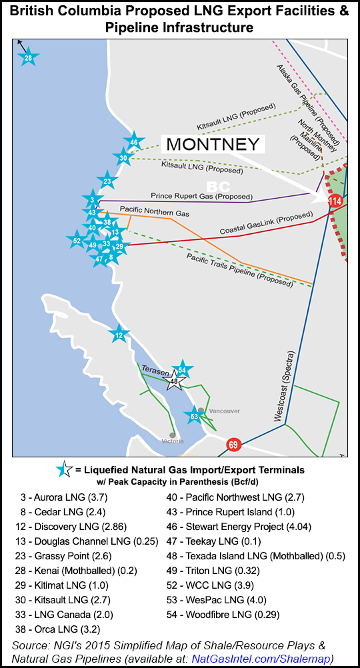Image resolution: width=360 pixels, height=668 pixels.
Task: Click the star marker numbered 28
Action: tap(28, 59)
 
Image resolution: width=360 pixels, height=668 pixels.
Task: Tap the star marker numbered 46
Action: tap(134, 142)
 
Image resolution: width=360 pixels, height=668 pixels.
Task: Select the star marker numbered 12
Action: tap(119, 335)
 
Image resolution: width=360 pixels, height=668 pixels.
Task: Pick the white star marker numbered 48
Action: tap(173, 381)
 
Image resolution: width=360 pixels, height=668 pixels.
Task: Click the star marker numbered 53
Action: tap(194, 417)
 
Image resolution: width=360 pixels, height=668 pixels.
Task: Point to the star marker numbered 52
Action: tap(77, 241)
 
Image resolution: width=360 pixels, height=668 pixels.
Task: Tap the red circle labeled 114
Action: tap(335, 201)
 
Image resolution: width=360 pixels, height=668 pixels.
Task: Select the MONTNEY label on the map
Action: tap(213, 144)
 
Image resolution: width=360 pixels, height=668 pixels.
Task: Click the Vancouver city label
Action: tap(224, 411)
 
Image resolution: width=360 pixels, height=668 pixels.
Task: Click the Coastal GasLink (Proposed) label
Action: tap(266, 225)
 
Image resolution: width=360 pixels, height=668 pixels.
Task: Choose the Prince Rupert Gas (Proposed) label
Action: tap(201, 197)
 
